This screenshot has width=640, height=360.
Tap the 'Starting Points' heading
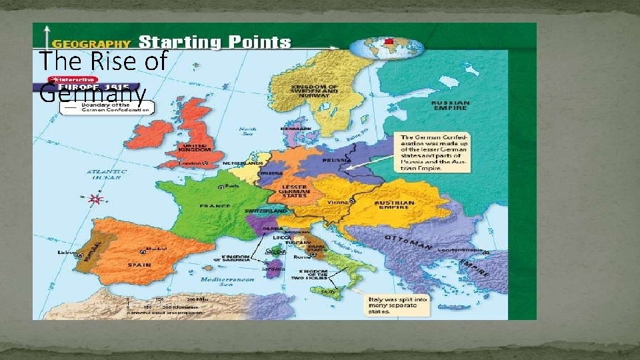click(x=215, y=43)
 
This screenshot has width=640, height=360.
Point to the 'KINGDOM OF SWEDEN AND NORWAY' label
click(x=315, y=91)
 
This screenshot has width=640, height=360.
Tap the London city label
click(x=193, y=163)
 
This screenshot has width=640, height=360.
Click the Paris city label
click(x=231, y=186)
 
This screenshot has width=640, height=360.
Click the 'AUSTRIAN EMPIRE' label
click(x=394, y=205)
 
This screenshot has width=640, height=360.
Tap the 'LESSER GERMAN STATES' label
click(x=293, y=191)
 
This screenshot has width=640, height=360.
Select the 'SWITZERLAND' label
click(x=265, y=211)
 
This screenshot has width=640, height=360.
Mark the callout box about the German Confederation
click(x=433, y=153)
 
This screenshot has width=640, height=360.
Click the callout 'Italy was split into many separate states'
click(x=395, y=304)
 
